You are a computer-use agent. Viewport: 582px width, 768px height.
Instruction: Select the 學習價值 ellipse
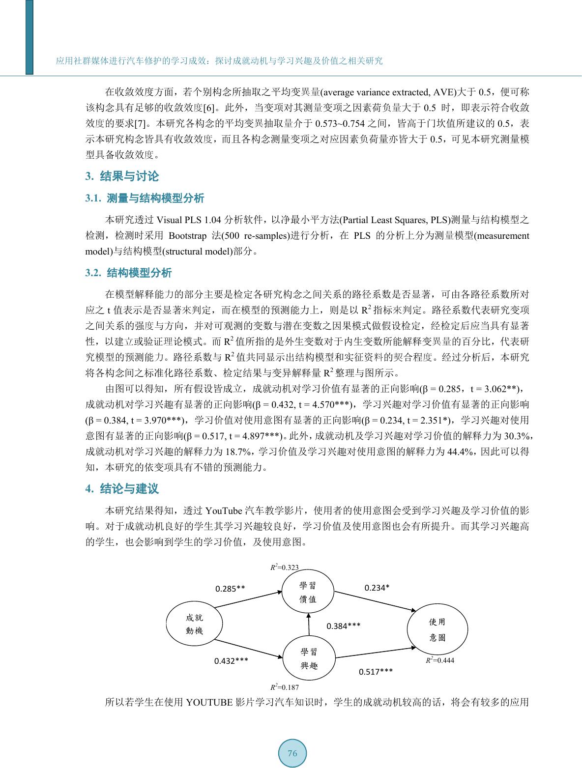coord(308,592)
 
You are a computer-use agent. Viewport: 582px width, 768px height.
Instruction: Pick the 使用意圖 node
coord(436,629)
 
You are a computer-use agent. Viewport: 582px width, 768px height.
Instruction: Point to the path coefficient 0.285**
coord(230,588)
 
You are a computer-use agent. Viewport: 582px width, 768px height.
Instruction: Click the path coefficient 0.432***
coord(231,661)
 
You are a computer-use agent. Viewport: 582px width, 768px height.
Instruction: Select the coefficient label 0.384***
coord(344,626)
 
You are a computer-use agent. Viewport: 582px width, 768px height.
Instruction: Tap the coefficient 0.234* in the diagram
coord(377,588)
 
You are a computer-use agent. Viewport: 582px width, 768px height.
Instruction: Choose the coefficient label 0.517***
coord(376,671)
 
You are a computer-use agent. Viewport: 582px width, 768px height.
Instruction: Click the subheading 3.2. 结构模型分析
coord(128,273)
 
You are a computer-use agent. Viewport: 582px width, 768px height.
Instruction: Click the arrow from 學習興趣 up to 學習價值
coord(308,624)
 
